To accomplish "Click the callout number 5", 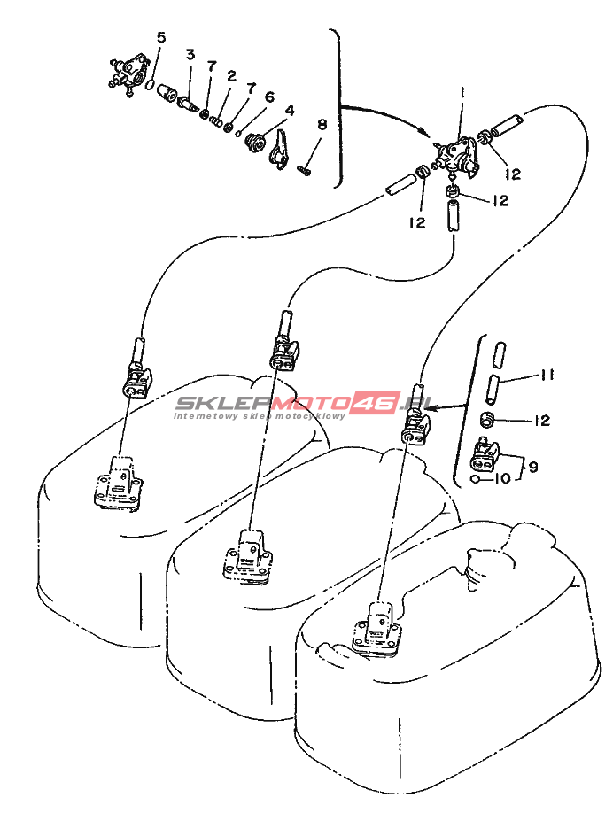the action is click(161, 38).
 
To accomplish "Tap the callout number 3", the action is click(190, 54).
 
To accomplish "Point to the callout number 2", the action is click(231, 76).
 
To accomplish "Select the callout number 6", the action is click(269, 97).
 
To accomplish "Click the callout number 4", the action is click(290, 111).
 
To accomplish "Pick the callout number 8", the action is click(322, 125).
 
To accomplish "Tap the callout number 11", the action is click(547, 375).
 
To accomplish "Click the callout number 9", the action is click(532, 467).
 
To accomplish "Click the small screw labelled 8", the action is click(304, 169).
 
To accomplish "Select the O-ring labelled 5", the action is click(150, 84).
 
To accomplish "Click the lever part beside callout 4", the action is click(279, 151).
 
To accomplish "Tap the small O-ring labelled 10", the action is click(475, 478).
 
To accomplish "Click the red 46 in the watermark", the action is click(374, 402).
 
